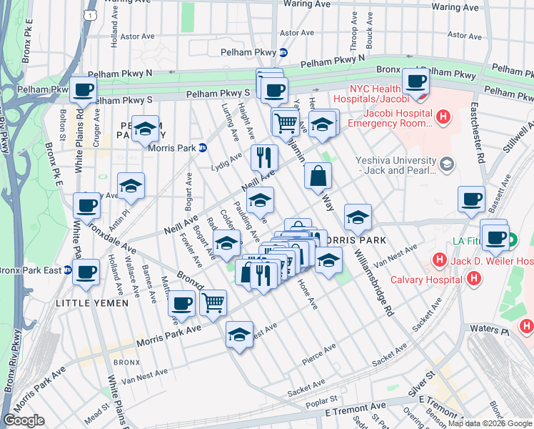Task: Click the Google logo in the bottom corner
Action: (x=24, y=420)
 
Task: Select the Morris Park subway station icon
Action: (x=203, y=148)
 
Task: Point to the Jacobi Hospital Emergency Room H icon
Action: (x=444, y=116)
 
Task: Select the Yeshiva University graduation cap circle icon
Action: (x=447, y=165)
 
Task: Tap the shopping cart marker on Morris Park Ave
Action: (x=213, y=303)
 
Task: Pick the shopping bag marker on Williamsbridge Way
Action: (x=318, y=176)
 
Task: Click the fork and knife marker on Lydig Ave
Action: (x=264, y=157)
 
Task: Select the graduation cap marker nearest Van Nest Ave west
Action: (x=239, y=334)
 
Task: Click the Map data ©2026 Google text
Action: (x=490, y=423)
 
